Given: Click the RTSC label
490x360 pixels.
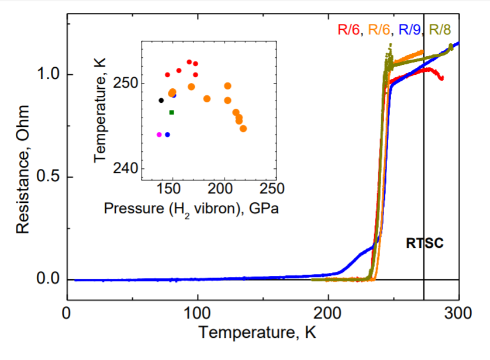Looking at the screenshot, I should coord(425,243).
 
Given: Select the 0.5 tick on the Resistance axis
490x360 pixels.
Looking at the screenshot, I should coord(49,177).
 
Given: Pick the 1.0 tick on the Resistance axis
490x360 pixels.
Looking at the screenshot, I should coord(49,75).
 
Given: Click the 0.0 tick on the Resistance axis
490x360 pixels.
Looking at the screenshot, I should coord(49,279).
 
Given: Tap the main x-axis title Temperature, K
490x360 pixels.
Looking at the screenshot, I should coord(257,333).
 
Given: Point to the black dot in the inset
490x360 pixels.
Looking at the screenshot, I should coord(161,101).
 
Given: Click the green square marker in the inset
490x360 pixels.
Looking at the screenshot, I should coord(171,112).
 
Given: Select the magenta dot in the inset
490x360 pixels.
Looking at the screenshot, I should coord(159,134).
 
